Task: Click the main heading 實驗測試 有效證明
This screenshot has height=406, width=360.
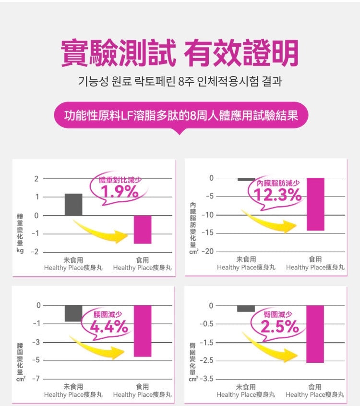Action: click(x=180, y=53)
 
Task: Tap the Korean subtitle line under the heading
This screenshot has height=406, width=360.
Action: click(x=180, y=82)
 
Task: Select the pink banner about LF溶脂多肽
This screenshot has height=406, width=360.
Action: click(x=180, y=116)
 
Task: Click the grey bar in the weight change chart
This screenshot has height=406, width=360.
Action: click(x=73, y=204)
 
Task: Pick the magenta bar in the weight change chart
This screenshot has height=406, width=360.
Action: click(x=143, y=229)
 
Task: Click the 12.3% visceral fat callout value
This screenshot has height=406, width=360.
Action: click(x=278, y=195)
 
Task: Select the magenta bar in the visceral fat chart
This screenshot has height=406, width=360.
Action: click(x=315, y=204)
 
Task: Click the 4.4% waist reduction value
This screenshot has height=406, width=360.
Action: click(x=109, y=328)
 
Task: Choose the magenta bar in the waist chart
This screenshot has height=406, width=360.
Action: click(x=143, y=331)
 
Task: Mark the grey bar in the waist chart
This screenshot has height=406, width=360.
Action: click(x=73, y=313)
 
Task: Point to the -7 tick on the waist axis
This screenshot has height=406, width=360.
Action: click(x=36, y=379)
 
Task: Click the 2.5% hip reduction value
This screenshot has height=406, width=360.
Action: click(x=280, y=328)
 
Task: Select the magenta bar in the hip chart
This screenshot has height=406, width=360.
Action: click(x=315, y=334)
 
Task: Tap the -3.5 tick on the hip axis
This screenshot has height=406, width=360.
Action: click(x=206, y=379)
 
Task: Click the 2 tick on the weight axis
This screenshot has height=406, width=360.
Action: click(x=36, y=179)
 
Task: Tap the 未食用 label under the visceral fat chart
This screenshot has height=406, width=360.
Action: click(x=246, y=259)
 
